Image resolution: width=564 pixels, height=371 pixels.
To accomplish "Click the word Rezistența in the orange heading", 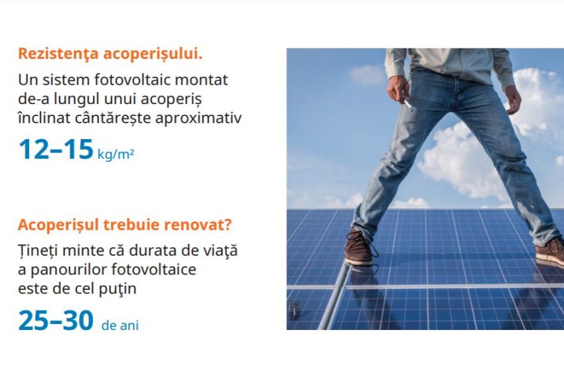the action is point(58,54).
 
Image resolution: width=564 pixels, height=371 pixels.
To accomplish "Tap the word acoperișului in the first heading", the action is point(153,54).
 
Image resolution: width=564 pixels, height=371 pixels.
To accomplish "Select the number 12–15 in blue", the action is point(56,149).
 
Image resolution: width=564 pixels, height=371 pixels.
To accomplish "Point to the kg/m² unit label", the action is point(116,154).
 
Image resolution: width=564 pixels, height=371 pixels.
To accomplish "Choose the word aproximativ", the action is point(198,119).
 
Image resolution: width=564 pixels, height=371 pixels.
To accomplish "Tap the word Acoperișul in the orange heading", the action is point(58,225).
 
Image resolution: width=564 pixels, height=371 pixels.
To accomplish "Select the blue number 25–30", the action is point(56,321).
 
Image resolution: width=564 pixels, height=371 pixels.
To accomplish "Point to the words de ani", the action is point(120,325).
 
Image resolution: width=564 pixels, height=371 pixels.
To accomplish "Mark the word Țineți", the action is point(38,250).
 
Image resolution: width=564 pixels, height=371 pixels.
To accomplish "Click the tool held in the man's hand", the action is point(407,102).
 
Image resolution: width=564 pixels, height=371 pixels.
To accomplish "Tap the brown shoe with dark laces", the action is point(360,248).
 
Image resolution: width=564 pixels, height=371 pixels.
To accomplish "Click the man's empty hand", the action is point(513,100).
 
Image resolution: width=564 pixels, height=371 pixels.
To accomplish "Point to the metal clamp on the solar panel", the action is point(295,310).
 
